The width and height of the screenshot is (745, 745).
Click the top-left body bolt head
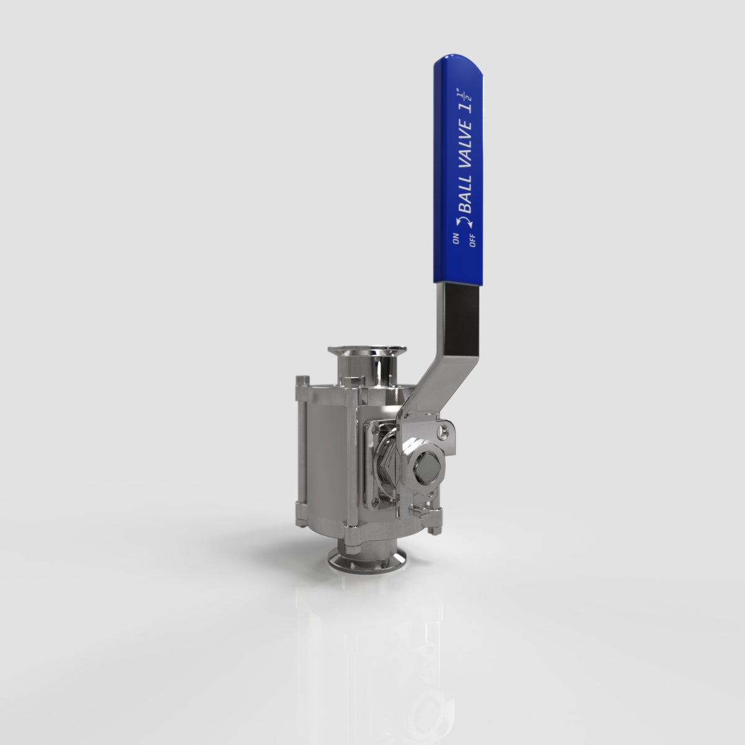tap(302, 380)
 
